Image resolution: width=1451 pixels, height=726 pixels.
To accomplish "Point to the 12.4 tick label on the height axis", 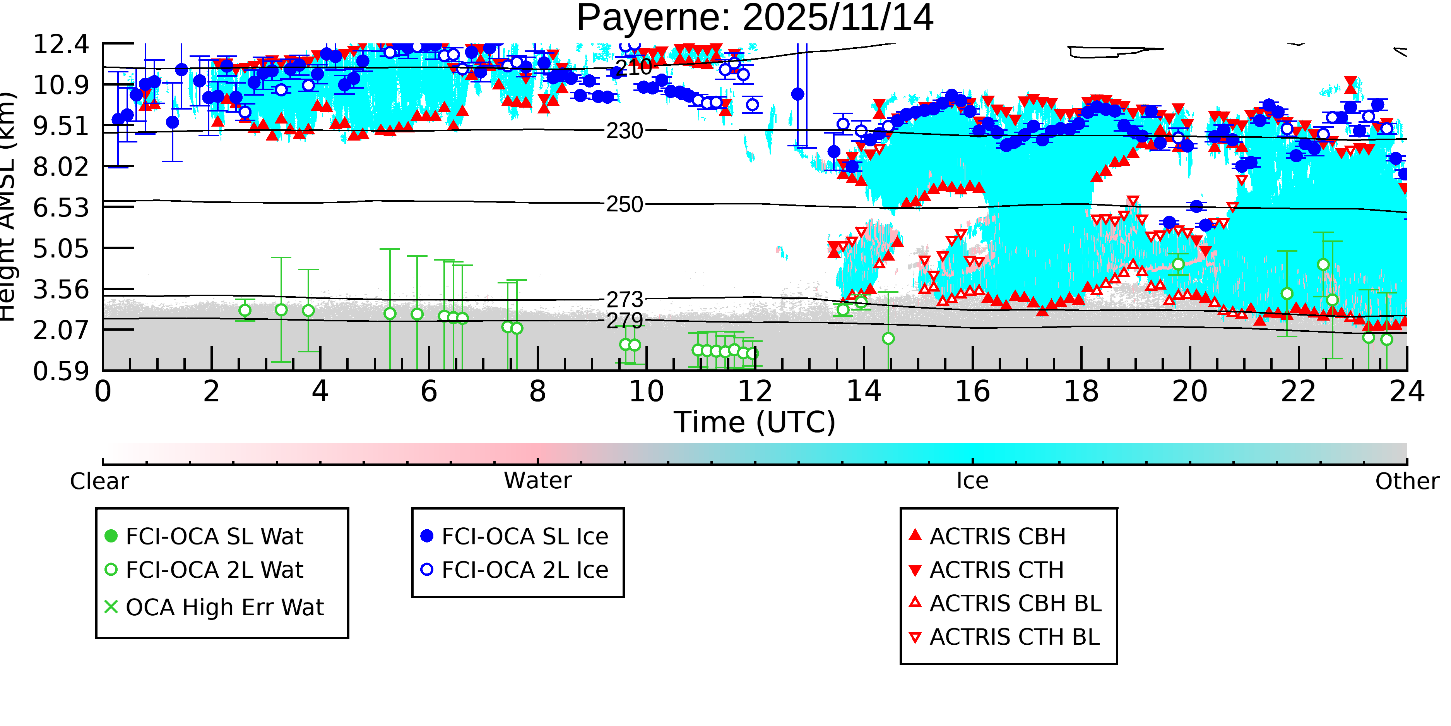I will click(61, 45).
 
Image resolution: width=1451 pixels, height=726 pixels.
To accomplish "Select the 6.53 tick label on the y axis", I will click(61, 208).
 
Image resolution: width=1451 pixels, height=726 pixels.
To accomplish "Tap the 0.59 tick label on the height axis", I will click(61, 371).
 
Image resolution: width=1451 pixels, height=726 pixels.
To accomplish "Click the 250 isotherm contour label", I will click(624, 204).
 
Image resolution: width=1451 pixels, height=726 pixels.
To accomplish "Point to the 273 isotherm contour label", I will click(624, 299).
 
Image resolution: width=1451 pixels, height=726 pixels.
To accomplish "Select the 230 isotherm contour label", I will click(624, 131).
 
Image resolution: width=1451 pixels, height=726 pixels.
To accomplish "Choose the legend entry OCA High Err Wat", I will click(224, 608).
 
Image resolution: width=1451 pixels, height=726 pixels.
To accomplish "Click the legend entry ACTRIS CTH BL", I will click(1014, 637).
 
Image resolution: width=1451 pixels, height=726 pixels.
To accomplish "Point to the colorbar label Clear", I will click(99, 481).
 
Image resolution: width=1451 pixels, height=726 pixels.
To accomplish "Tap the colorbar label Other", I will click(1407, 481).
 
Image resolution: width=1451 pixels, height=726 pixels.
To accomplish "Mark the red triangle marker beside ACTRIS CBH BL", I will click(915, 602).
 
